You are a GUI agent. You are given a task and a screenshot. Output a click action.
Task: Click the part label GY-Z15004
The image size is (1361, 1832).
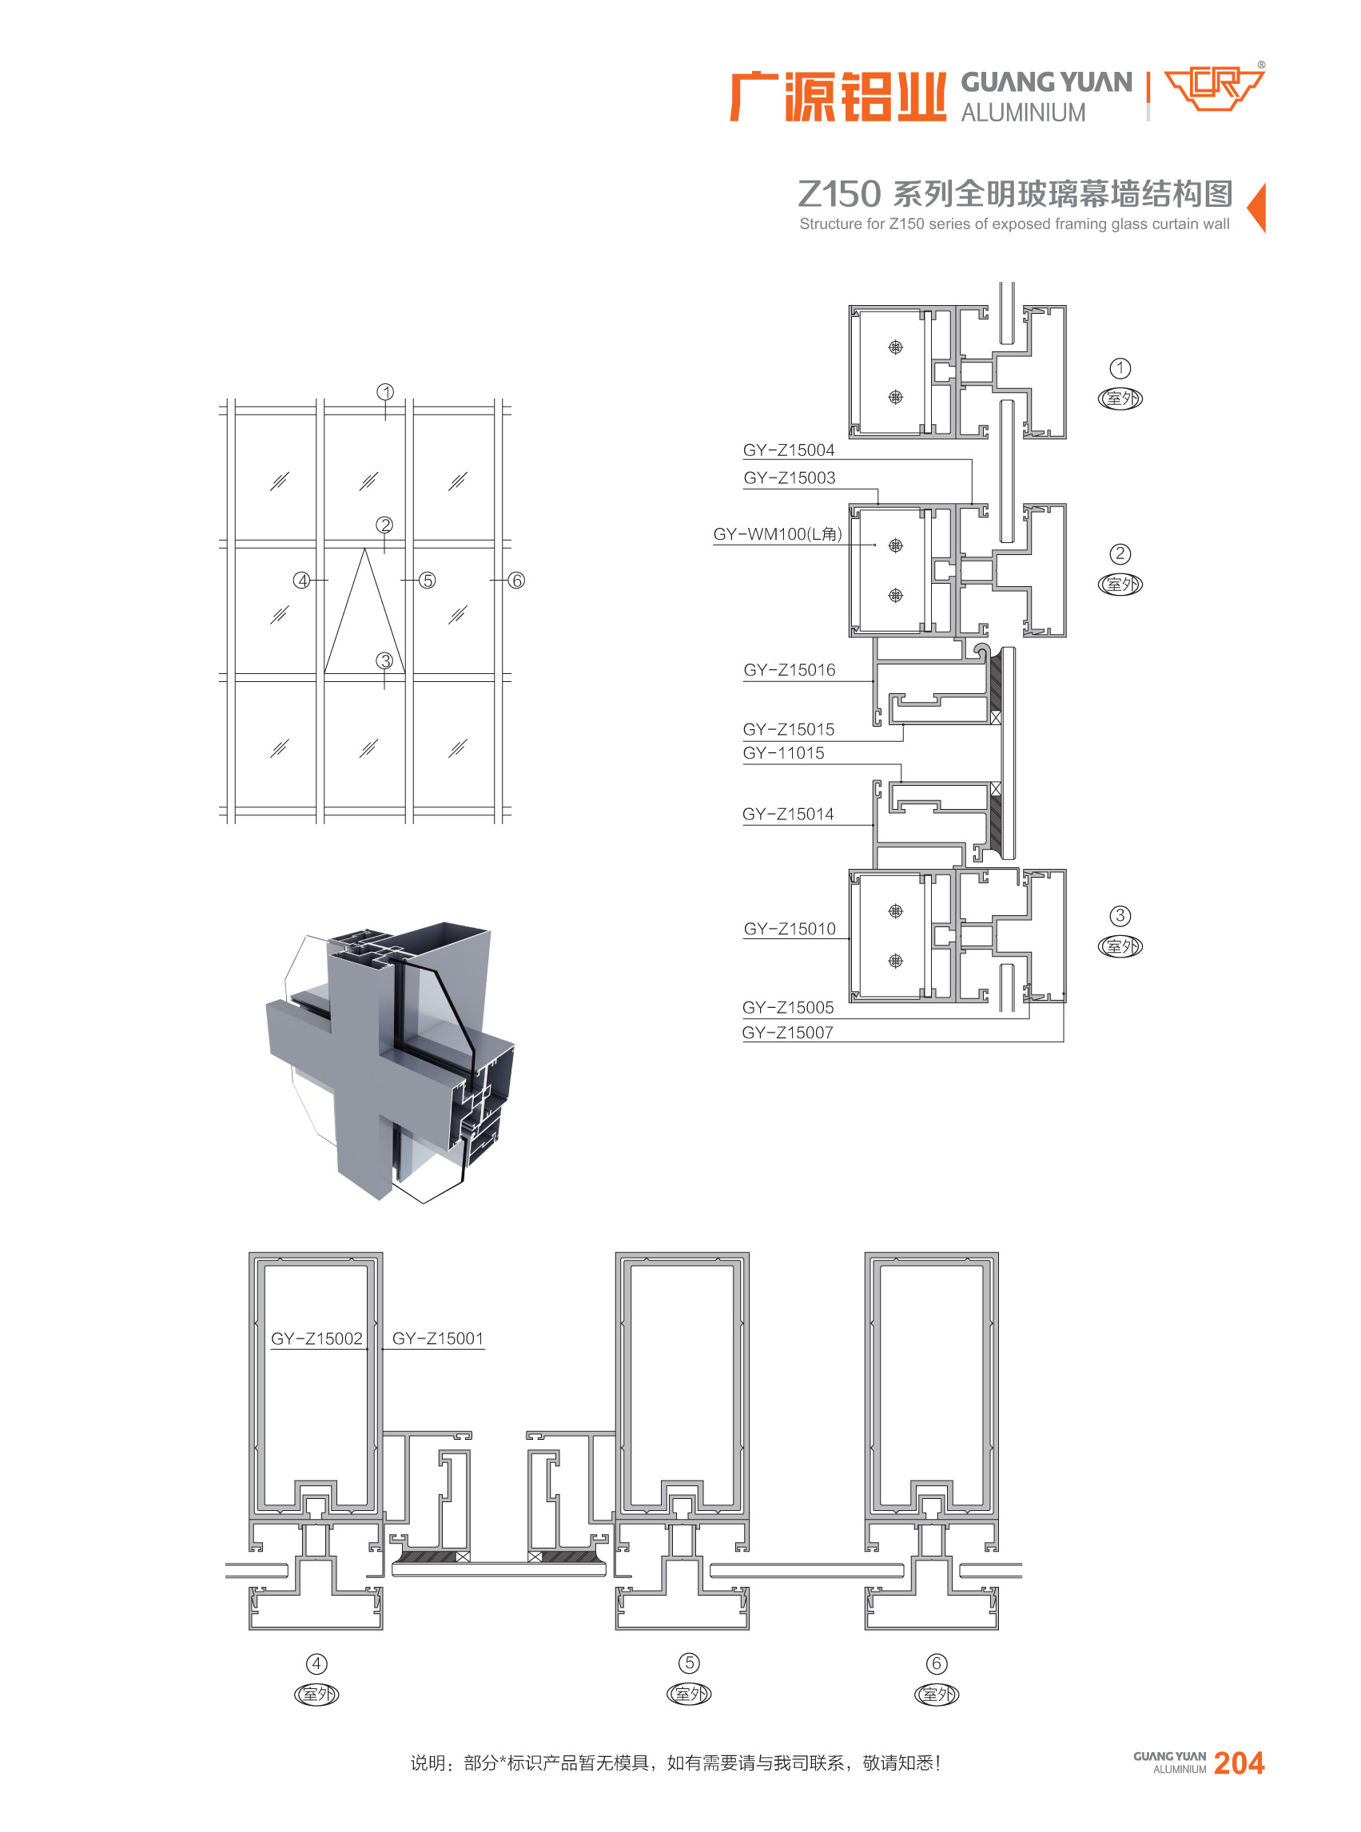tap(789, 450)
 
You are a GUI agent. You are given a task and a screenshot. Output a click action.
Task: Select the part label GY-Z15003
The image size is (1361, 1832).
tap(789, 478)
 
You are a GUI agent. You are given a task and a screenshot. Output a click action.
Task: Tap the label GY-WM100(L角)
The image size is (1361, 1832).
tap(778, 534)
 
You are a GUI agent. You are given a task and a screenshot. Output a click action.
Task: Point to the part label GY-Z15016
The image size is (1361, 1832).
tap(789, 670)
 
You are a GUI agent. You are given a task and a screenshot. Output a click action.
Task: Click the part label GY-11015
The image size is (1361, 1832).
tap(782, 752)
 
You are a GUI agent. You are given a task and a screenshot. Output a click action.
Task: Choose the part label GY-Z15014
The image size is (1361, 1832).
tap(788, 815)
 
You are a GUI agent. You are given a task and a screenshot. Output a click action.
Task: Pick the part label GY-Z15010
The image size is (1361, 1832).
tap(789, 929)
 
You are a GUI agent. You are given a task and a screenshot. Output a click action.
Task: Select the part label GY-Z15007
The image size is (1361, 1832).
tap(788, 1033)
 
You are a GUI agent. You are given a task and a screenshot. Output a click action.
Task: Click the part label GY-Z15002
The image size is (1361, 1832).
tap(316, 1338)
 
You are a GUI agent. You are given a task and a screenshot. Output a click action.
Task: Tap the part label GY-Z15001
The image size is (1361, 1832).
tap(437, 1338)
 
